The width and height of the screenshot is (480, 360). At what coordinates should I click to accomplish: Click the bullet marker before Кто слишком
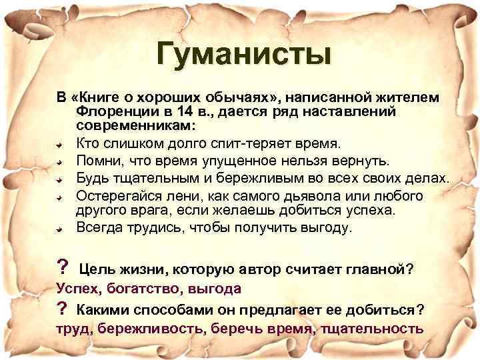click(x=59, y=143)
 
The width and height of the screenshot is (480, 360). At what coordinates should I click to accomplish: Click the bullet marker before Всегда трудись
click(x=59, y=228)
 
